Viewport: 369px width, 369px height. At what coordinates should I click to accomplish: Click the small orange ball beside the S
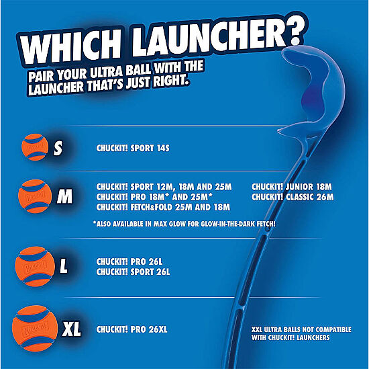[x=35, y=147]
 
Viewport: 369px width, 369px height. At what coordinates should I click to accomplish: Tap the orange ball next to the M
[x=35, y=196]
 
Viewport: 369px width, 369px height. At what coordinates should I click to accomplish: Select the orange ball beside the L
[x=35, y=266]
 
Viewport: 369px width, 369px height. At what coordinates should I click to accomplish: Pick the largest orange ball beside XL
[x=35, y=329]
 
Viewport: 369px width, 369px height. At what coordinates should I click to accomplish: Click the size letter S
[x=58, y=148]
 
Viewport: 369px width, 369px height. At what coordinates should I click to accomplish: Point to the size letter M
[x=64, y=196]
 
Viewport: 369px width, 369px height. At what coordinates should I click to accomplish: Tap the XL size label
[x=71, y=329]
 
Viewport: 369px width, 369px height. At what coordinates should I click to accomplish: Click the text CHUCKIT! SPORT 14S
[x=133, y=148]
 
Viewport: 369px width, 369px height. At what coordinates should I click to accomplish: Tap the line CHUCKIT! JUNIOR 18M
[x=292, y=187]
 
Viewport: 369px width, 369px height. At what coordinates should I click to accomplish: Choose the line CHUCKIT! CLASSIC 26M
[x=293, y=197]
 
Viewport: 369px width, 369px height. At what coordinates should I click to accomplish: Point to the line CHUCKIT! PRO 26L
[x=129, y=261]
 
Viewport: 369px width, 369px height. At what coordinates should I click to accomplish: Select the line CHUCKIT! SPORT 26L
[x=133, y=272]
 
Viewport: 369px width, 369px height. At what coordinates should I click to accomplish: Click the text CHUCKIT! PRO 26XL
[x=131, y=329]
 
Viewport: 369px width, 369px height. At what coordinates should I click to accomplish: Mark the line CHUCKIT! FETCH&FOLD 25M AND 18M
[x=163, y=207]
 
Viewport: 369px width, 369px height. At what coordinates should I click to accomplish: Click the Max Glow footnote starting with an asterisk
[x=184, y=224]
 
